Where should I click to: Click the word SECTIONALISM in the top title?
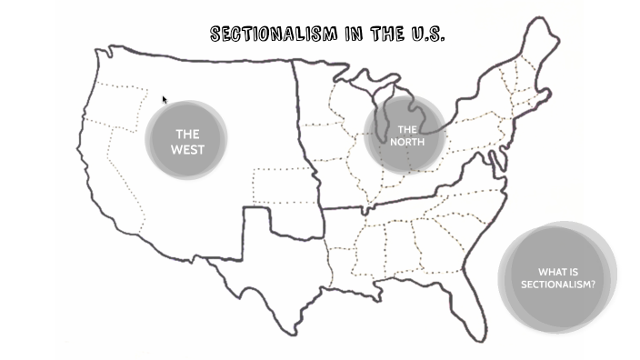[274, 35]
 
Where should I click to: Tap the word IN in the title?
[355, 35]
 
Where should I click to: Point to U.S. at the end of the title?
[427, 35]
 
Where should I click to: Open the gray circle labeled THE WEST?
[185, 140]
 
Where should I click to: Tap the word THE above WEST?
[187, 135]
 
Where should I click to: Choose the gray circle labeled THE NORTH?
[405, 135]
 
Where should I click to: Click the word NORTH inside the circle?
[406, 142]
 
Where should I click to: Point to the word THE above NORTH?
[407, 130]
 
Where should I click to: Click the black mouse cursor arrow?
[165, 100]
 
